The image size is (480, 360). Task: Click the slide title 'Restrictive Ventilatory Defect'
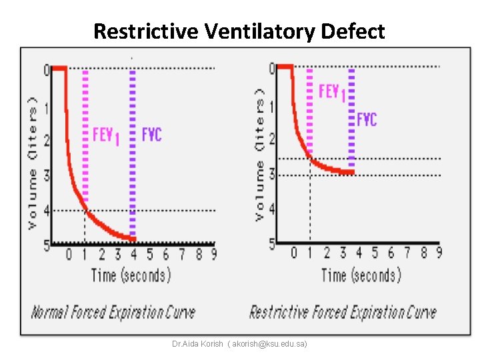coord(239,31)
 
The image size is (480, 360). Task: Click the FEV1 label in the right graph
coord(331,91)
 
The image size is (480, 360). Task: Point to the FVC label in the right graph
coord(367,119)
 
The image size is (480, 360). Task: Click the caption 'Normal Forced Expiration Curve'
coord(113,312)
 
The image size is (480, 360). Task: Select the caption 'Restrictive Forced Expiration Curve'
coord(343,312)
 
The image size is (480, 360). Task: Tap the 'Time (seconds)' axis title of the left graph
coord(131,275)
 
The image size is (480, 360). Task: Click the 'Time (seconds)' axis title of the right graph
coord(361,275)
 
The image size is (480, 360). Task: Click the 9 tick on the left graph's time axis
coord(213,254)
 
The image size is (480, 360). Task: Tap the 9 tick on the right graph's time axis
coord(439,253)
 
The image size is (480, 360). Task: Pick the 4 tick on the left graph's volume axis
coord(46,211)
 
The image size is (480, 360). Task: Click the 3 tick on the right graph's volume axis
coord(272,175)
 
